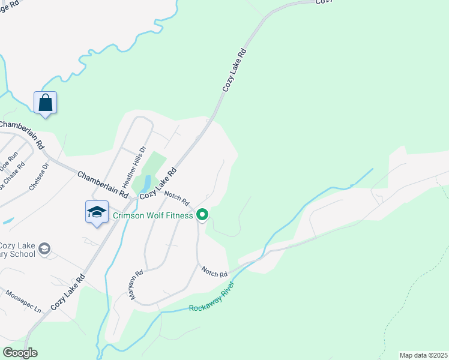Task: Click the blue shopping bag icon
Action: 46,103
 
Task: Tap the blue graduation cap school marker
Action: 97,212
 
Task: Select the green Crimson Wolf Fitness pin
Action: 203,215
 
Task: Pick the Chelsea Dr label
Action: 38,179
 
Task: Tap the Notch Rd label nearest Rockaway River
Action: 214,271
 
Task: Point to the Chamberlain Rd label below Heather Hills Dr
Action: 103,184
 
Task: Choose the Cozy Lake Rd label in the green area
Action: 235,71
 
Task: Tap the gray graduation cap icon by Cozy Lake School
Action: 44,248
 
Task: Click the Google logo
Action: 20,353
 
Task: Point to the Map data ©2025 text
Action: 423,355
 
